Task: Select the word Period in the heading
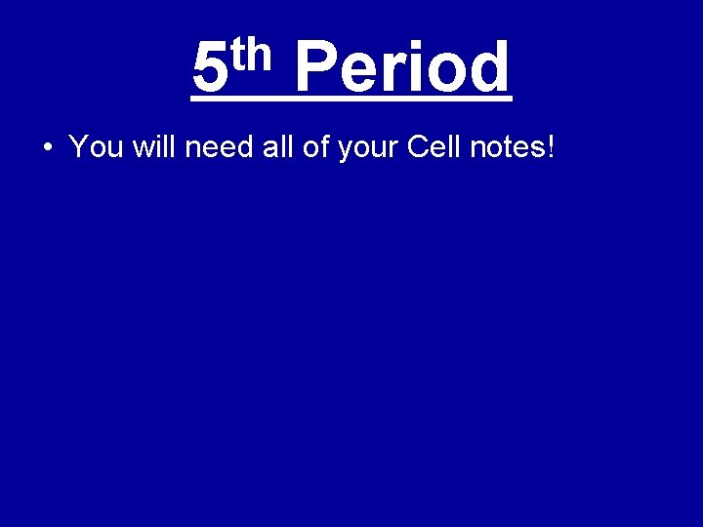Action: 400,68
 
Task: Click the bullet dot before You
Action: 48,148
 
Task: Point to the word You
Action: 95,147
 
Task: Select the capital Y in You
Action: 78,147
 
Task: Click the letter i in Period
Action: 409,68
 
